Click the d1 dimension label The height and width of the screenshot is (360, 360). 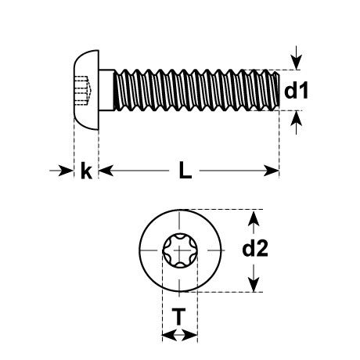coord(296,91)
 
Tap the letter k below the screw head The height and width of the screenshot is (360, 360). coord(86,171)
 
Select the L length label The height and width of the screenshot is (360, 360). coord(185,170)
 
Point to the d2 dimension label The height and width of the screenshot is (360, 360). coord(255,249)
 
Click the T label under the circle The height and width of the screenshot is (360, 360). coord(179,316)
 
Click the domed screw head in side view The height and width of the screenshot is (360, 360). coord(87,90)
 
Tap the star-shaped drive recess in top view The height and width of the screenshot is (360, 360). coord(180,250)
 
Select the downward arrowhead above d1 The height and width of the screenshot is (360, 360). coord(297,63)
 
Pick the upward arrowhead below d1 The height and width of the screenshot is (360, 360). coord(297,119)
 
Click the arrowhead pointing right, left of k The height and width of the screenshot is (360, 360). coord(65,171)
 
